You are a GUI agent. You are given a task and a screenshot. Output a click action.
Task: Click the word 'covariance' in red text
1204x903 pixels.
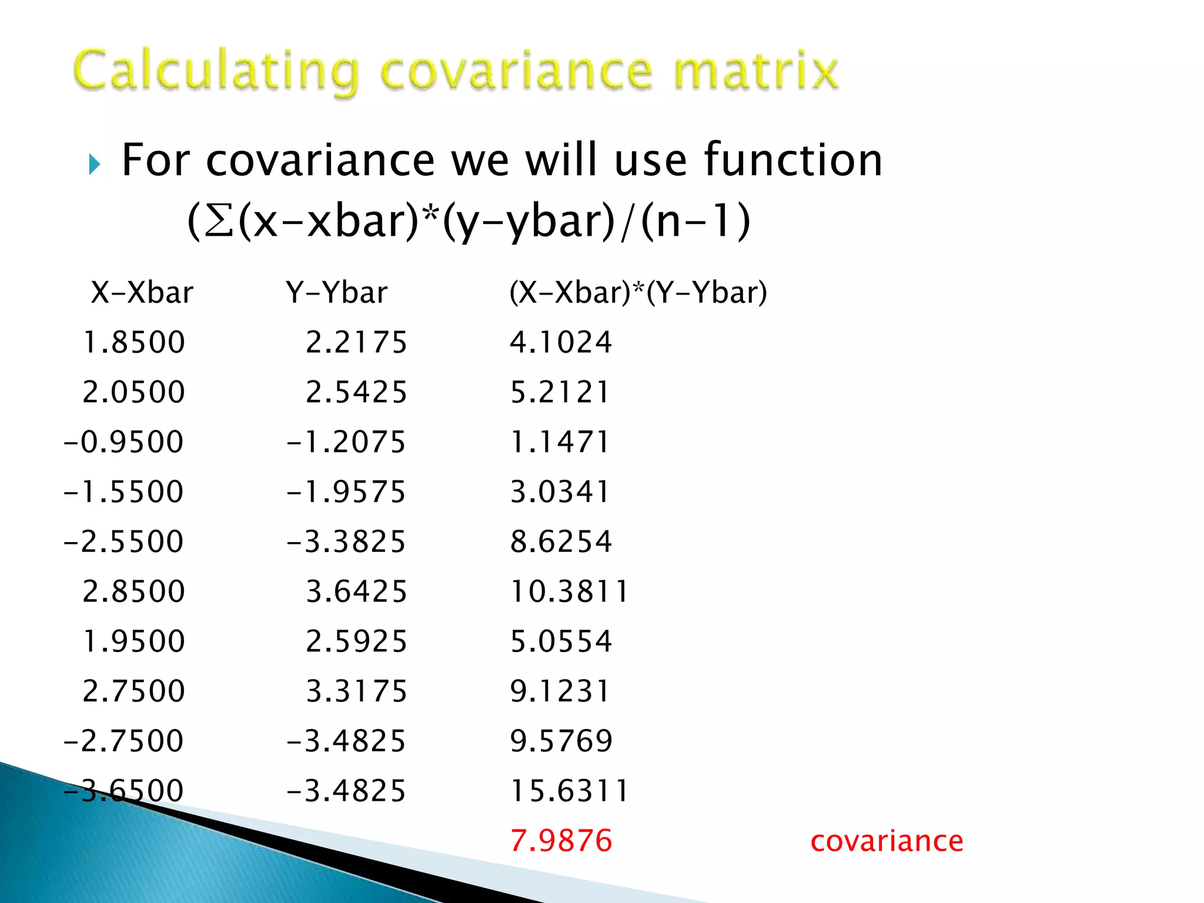(887, 841)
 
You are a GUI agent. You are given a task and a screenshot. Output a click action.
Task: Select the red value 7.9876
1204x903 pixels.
(561, 841)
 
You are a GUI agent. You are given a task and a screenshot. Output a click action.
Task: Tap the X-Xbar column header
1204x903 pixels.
(142, 292)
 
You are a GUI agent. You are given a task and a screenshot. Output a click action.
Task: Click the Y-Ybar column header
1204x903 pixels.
(337, 292)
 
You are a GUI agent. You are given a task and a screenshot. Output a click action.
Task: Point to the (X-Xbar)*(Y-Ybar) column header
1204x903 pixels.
(638, 292)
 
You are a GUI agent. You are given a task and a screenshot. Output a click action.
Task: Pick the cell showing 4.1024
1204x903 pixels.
(561, 342)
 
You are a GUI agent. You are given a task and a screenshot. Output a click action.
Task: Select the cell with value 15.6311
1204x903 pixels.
(569, 791)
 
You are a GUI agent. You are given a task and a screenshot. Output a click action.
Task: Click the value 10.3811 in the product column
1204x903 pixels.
(569, 591)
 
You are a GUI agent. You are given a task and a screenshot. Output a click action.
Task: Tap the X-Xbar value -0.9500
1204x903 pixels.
(123, 442)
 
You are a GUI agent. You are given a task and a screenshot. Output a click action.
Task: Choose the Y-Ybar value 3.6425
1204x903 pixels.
(356, 591)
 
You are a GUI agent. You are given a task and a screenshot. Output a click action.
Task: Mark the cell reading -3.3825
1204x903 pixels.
(346, 541)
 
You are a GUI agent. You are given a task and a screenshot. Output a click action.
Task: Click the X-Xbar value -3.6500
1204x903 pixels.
(123, 791)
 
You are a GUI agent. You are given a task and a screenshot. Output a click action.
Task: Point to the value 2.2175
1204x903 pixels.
(356, 342)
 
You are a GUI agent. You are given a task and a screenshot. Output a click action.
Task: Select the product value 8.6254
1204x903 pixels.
(561, 541)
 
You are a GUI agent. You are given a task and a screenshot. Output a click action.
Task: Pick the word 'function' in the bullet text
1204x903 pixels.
(793, 160)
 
